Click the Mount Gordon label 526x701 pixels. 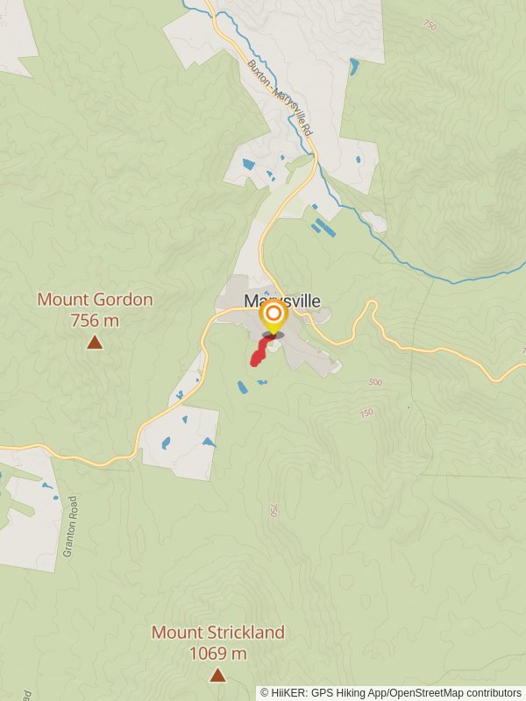tap(95, 300)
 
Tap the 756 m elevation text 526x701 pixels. tap(95, 321)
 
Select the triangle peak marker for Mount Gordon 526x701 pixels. tap(95, 343)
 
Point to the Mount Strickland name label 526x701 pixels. tap(217, 632)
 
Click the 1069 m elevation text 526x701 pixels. tap(217, 653)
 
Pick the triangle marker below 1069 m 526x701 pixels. tap(217, 675)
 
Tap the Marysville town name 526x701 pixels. tap(282, 301)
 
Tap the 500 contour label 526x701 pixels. tap(376, 382)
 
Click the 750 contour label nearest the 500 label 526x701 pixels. tap(366, 413)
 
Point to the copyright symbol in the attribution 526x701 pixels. tap(265, 692)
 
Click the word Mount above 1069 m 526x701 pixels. tap(171, 632)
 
